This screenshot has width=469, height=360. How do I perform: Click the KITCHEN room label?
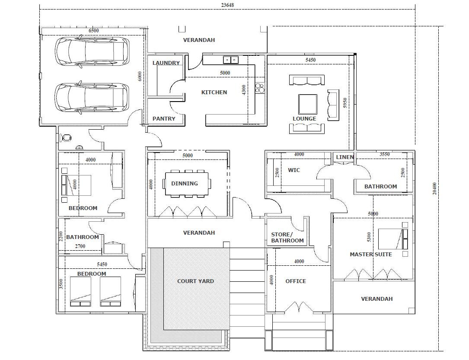(x=214, y=92)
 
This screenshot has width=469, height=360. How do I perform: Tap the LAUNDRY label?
(x=166, y=63)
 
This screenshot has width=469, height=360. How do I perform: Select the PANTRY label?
(x=164, y=119)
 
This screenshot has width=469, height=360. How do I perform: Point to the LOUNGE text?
(x=304, y=119)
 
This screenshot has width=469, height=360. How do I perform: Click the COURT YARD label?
(x=196, y=281)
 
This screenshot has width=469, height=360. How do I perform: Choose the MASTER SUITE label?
(x=371, y=255)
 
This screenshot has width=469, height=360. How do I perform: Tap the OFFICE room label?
(x=296, y=281)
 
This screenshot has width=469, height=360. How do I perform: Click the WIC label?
(x=294, y=170)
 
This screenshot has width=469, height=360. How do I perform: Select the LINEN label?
(x=345, y=157)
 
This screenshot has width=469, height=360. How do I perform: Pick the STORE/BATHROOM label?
(x=287, y=238)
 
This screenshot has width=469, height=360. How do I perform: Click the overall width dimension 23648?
(x=227, y=5)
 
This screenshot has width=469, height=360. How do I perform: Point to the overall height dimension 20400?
(x=434, y=189)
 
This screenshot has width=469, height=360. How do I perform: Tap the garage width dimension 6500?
(x=94, y=31)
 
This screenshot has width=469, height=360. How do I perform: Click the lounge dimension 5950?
(x=345, y=103)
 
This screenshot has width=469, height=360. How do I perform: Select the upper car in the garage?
(x=92, y=51)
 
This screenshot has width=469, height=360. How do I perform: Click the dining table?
(x=187, y=184)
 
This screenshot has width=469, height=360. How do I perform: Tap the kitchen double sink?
(x=231, y=60)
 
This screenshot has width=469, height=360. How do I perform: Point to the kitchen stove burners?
(x=260, y=88)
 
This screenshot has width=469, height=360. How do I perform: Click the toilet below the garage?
(x=67, y=138)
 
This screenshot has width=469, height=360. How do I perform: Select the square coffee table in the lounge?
(x=308, y=104)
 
